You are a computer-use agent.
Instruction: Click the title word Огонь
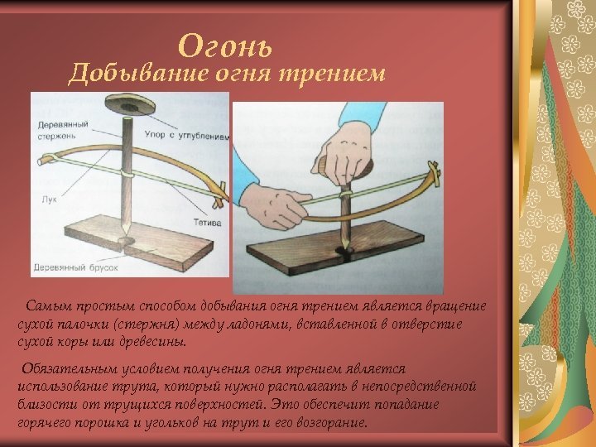pos(224,46)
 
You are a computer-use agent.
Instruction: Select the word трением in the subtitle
pos(332,74)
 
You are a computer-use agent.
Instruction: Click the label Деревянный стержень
pos(63,130)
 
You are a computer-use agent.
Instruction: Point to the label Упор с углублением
pos(187,135)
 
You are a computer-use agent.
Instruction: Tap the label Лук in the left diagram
pos(49,199)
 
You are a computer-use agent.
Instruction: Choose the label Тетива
pos(207,223)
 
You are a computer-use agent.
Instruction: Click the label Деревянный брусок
pos(76,267)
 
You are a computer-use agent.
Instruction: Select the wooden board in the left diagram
pos(139,243)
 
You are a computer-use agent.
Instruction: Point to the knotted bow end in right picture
pos(434,174)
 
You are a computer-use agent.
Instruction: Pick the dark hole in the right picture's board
pos(345,252)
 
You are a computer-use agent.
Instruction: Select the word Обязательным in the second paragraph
pos(70,368)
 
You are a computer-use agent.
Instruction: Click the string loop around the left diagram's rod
pos(127,173)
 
